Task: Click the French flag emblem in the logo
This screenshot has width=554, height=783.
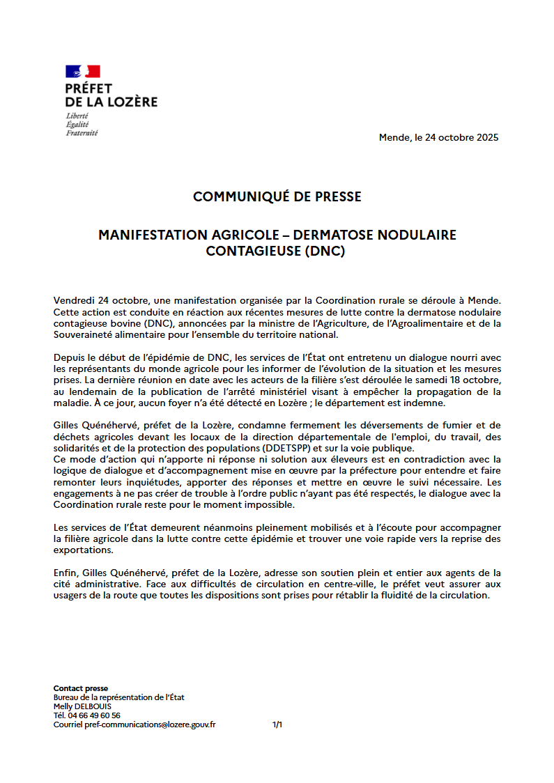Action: (x=83, y=71)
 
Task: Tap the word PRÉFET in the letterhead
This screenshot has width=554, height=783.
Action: (x=89, y=88)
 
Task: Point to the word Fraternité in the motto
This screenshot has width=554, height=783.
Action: (x=82, y=132)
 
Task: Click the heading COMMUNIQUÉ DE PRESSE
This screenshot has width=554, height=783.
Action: (x=277, y=197)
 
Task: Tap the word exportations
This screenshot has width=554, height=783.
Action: (x=83, y=550)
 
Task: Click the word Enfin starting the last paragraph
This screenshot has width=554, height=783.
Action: (x=66, y=573)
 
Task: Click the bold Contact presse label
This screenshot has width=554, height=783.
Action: (x=81, y=688)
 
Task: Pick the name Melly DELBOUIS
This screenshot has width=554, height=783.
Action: (x=82, y=706)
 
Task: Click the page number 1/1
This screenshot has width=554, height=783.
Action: (x=277, y=724)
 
